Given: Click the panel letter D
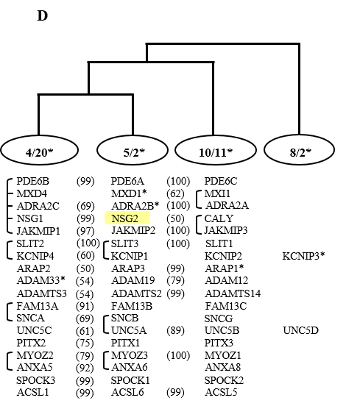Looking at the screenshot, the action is (43, 15).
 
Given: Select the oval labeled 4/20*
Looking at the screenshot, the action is (40, 150).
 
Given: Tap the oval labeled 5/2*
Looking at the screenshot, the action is (133, 150).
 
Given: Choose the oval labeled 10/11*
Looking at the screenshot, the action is (216, 150).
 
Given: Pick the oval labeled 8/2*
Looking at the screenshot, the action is (300, 150).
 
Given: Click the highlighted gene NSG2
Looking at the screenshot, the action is (124, 218).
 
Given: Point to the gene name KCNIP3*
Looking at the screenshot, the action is (303, 256).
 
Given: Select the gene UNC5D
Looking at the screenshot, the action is (300, 330).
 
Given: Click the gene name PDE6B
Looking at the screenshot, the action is (32, 181).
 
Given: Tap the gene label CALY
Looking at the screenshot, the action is (219, 218).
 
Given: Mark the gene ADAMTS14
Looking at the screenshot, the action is (233, 293).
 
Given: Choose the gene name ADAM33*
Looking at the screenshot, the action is (41, 280).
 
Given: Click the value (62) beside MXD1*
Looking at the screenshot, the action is (175, 193).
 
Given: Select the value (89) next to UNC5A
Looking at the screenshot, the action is (175, 330).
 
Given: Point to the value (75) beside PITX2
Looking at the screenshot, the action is (85, 343).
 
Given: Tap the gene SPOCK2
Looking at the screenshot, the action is (224, 380).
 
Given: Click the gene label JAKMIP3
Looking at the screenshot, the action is (226, 230).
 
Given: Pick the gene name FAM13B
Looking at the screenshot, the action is (132, 306).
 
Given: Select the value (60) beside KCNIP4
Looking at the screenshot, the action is (85, 256).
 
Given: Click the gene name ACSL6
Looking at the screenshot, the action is (127, 392).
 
